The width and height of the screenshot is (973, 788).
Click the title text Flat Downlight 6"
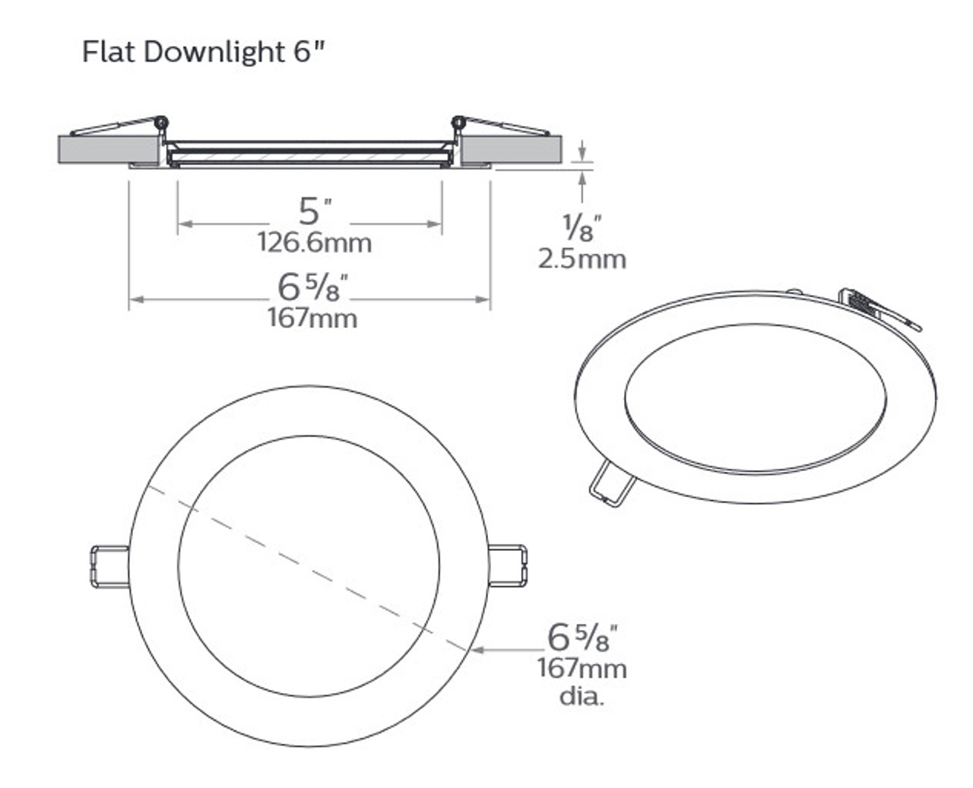[205, 52]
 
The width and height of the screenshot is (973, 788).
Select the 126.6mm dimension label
[314, 243]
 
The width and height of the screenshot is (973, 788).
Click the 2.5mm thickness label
[582, 259]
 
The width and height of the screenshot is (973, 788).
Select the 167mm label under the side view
[312, 318]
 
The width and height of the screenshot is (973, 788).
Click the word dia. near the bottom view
[582, 696]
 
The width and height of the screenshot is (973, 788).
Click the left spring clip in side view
[125, 125]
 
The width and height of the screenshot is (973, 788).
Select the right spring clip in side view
[502, 125]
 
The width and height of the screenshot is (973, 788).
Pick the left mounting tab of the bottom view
[109, 566]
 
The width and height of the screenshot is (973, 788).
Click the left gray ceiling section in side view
[106, 149]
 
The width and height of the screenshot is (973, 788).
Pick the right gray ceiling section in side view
[513, 149]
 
